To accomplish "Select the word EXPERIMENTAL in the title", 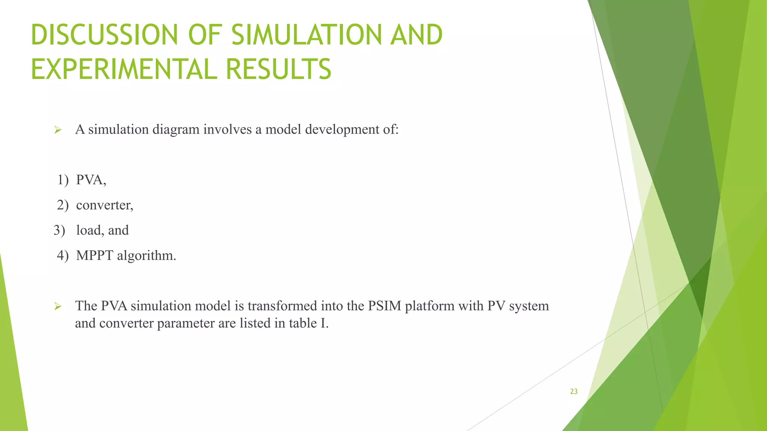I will [x=124, y=70].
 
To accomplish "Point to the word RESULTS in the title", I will [x=279, y=70].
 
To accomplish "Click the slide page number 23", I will [x=574, y=391].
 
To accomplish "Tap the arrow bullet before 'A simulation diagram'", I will [x=57, y=130].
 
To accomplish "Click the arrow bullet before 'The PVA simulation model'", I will [x=57, y=307].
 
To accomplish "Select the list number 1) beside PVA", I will [x=63, y=180].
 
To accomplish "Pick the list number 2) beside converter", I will [x=63, y=205].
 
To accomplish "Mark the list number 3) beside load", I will [x=59, y=230].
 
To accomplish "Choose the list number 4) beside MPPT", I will [x=63, y=256].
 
